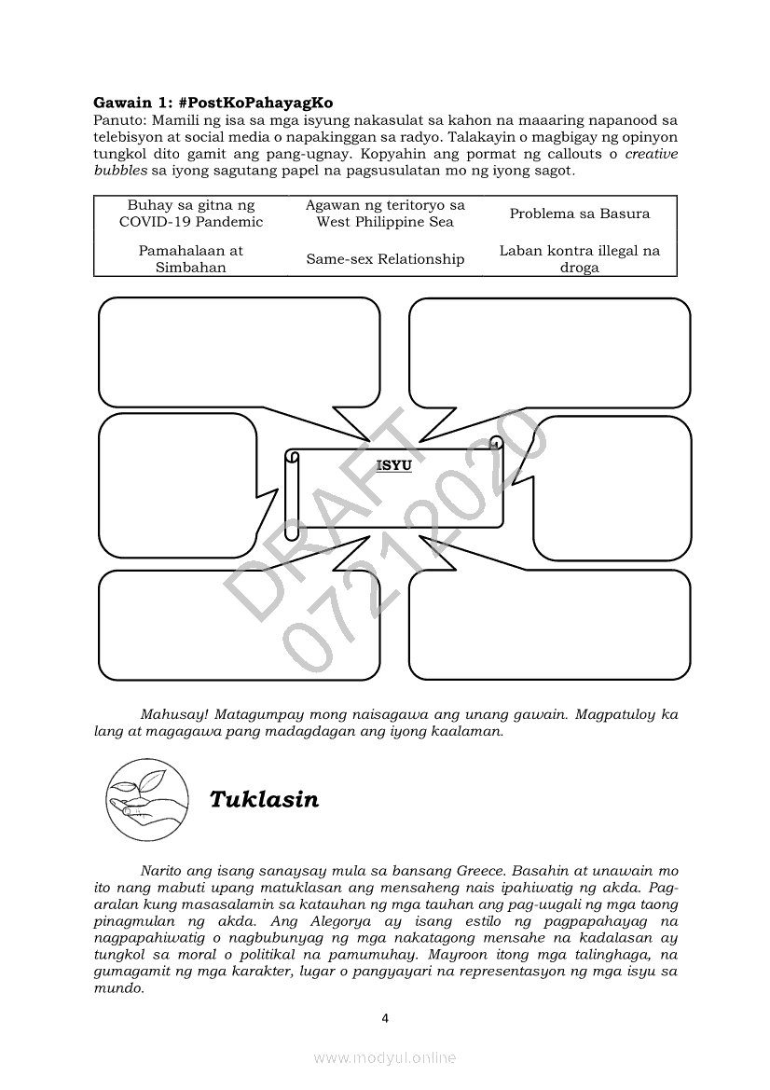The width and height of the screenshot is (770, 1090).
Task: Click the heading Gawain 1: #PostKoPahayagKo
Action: click(x=213, y=102)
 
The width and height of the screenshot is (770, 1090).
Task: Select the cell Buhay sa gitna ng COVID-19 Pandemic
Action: click(x=191, y=214)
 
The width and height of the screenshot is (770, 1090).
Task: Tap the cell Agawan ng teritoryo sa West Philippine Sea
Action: click(x=385, y=214)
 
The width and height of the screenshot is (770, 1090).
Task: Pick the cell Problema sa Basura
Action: click(x=579, y=214)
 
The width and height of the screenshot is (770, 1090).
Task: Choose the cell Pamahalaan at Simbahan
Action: click(x=191, y=258)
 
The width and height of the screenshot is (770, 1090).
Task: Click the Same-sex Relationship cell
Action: click(x=385, y=259)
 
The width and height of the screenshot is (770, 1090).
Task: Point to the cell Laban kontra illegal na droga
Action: click(x=579, y=258)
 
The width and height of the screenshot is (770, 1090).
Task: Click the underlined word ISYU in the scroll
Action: click(x=393, y=464)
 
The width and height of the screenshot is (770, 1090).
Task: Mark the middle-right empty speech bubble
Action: click(x=613, y=487)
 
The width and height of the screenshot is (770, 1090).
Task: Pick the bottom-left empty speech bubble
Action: click(x=240, y=625)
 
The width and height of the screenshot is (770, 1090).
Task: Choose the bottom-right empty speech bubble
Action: click(x=550, y=625)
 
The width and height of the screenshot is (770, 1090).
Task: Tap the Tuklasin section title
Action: click(x=264, y=800)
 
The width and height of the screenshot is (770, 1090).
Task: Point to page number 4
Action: click(x=385, y=1018)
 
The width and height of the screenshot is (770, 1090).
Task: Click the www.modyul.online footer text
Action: click(x=385, y=1057)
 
